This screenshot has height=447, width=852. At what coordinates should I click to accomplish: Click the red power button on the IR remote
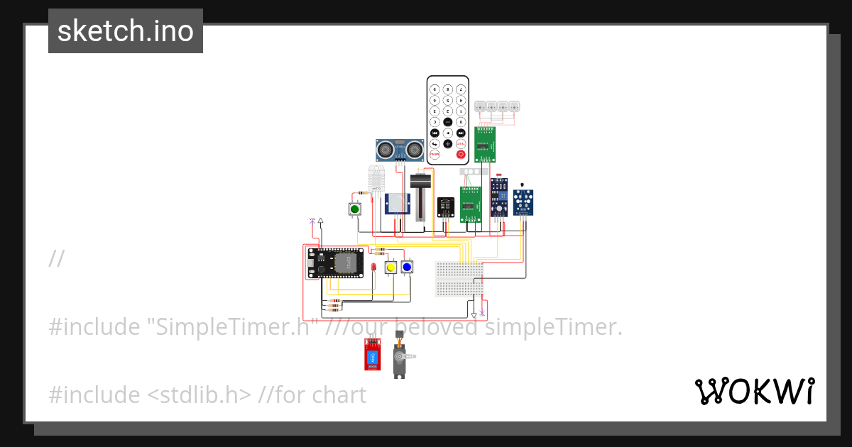[x=461, y=154]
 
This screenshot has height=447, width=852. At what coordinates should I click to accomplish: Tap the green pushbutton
[x=355, y=209]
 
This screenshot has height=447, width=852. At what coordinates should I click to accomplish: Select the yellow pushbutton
[x=390, y=267]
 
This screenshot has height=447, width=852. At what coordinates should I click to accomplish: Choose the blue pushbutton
[x=407, y=267]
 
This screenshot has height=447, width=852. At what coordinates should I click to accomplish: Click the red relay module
[x=371, y=354]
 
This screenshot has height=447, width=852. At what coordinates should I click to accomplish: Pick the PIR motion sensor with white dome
[x=398, y=204]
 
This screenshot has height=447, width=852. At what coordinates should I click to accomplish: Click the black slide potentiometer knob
[x=421, y=182]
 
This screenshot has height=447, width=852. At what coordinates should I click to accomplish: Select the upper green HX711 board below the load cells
[x=485, y=145]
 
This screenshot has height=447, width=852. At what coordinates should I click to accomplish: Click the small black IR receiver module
[x=446, y=206]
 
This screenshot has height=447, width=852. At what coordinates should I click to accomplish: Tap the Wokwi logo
[x=755, y=391]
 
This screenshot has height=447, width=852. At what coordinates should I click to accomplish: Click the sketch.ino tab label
[x=126, y=31]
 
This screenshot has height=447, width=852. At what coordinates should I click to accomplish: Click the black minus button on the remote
[x=447, y=121]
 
